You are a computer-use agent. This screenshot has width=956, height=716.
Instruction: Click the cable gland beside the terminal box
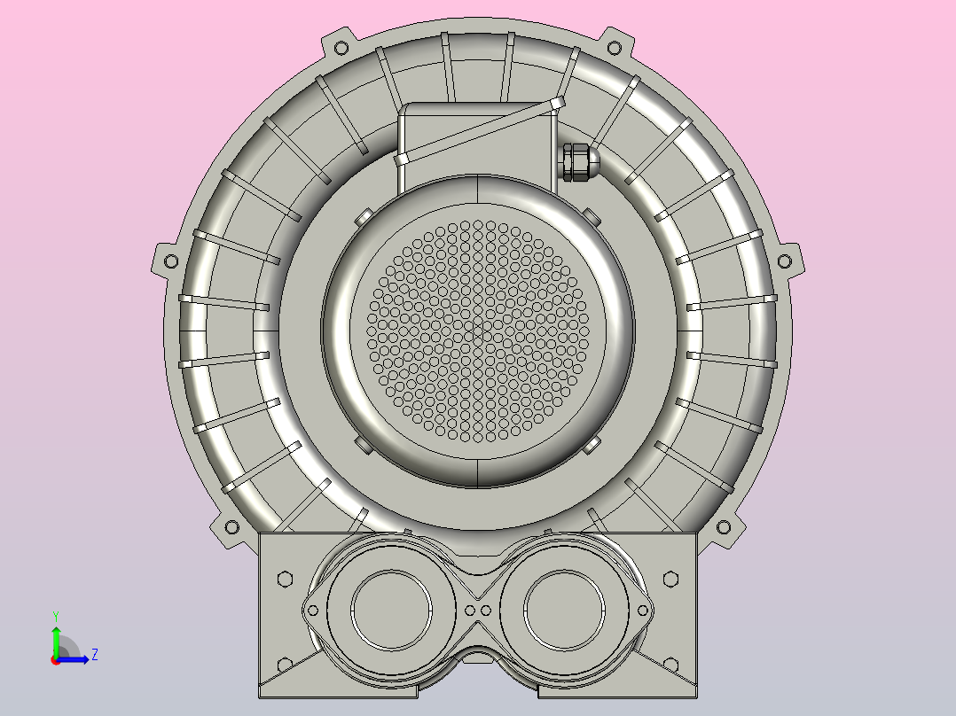tap(576, 162)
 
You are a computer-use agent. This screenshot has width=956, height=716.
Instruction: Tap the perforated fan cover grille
tap(478, 330)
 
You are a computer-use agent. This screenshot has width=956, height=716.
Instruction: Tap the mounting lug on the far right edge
tap(786, 261)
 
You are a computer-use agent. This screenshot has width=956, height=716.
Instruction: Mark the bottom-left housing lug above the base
tap(231, 527)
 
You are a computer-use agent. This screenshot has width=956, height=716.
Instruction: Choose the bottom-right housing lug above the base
tap(725, 527)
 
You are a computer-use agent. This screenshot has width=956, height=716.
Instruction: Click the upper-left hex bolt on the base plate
tap(285, 579)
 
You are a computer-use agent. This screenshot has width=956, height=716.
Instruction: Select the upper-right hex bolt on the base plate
tap(671, 579)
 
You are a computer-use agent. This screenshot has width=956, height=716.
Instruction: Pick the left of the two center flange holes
tap(470, 611)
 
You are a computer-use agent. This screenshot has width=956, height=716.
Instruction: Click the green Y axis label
tap(55, 615)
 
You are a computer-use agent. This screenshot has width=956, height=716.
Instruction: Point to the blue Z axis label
tap(94, 655)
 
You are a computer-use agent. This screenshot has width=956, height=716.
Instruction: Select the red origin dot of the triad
tap(55, 660)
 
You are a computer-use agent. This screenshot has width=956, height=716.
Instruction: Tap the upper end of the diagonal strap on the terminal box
tap(556, 105)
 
